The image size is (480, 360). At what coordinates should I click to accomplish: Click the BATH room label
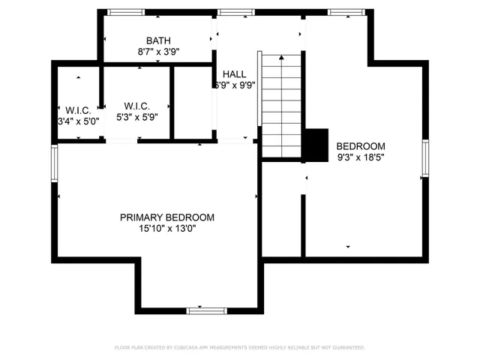pos(158,40)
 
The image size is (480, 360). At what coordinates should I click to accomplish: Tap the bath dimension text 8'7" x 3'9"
pos(158,52)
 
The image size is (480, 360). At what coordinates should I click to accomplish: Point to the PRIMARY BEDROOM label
pos(167,217)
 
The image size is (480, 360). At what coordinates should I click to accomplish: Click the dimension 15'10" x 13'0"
pos(167,229)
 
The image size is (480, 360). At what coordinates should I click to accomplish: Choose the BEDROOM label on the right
pos(360,145)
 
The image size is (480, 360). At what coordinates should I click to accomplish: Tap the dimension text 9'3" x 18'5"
pos(360,157)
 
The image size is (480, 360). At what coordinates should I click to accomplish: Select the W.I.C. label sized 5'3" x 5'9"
pos(137,106)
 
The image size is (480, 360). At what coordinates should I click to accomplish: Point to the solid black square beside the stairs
pos(316,144)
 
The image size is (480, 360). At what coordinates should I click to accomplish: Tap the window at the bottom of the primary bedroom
pos(206,310)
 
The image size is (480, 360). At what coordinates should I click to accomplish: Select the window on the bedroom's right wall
pos(425,158)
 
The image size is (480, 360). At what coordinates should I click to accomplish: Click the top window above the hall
pos(231,12)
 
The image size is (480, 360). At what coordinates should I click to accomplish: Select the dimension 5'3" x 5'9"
pos(137,117)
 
